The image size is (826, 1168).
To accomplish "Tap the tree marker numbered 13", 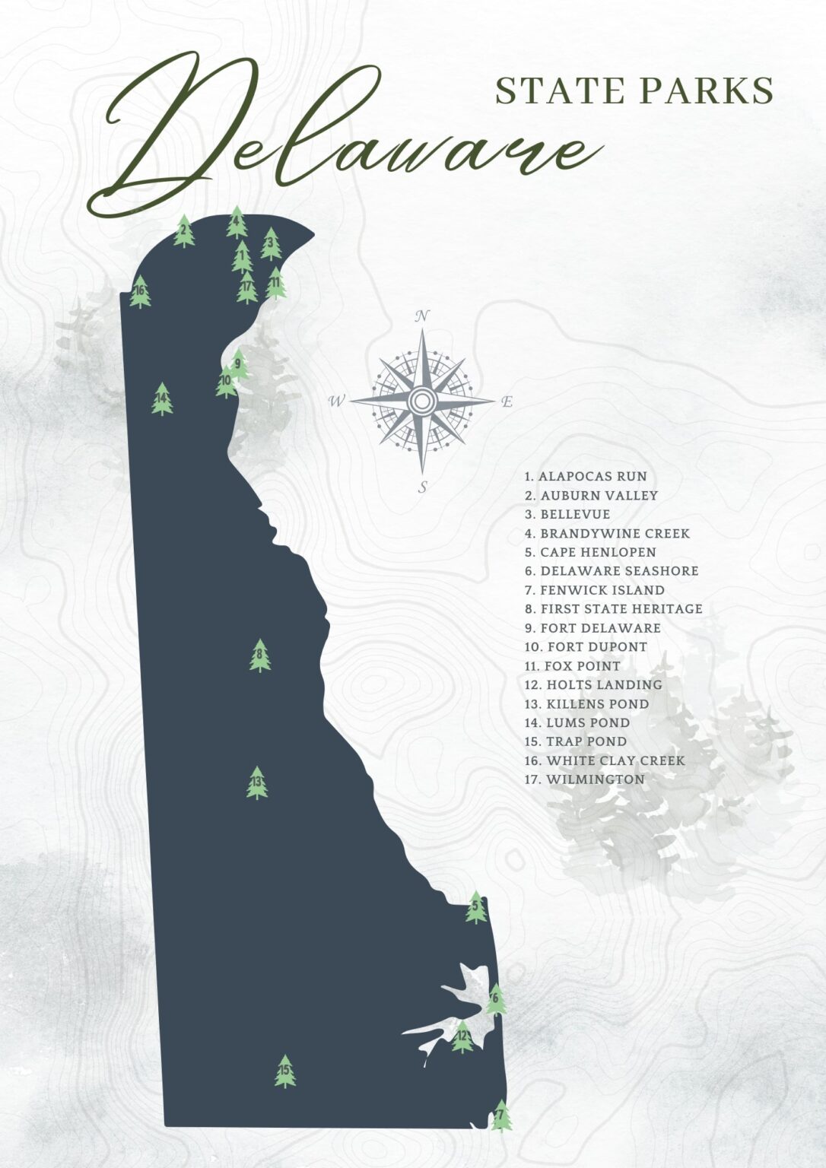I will pyautogui.click(x=257, y=782).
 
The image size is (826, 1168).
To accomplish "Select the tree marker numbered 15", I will pyautogui.click(x=284, y=1071).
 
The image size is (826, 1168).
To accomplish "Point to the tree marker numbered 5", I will pyautogui.click(x=476, y=907).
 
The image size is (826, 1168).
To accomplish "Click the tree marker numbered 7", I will pyautogui.click(x=500, y=1116).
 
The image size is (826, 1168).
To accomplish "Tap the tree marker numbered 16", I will pyautogui.click(x=140, y=291).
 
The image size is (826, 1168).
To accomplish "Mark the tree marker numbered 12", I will pyautogui.click(x=462, y=1036).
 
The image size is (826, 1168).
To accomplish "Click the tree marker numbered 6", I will pyautogui.click(x=496, y=998).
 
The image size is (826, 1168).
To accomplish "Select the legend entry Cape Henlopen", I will pyautogui.click(x=590, y=552).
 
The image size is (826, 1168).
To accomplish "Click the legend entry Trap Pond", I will pyautogui.click(x=576, y=741).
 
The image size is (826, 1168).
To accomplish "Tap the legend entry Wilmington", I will pyautogui.click(x=584, y=779).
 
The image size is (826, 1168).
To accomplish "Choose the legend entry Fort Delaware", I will pyautogui.click(x=592, y=628).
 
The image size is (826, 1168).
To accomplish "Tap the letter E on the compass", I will pyautogui.click(x=507, y=402).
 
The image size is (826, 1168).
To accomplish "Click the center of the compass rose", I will pyautogui.click(x=421, y=400).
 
